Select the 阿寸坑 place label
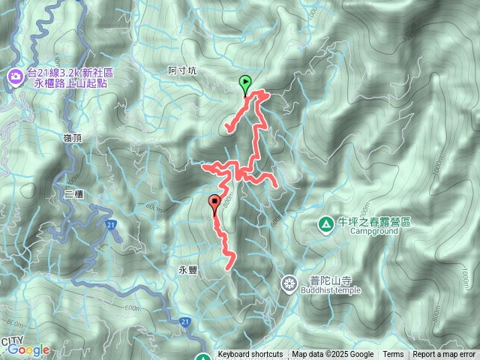tap(182, 71)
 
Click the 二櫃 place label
tap(73, 193)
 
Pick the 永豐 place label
tap(187, 271)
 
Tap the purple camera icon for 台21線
tap(15, 76)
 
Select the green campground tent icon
tap(325, 223)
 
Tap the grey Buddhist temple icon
tap(289, 283)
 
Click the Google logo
tap(28, 349)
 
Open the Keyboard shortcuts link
tap(250, 355)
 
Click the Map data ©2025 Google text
tap(332, 355)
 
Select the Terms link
tap(393, 355)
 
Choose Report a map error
tap(444, 355)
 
